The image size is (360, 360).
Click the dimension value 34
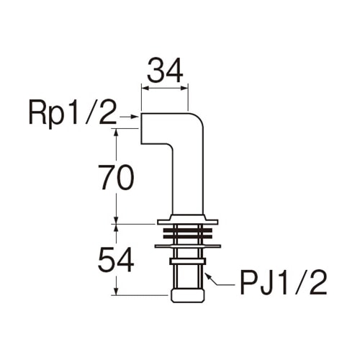tap(165, 71)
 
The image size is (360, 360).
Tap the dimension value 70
tap(115, 178)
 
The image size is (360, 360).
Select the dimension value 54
tap(116, 260)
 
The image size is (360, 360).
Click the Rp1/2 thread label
tap(72, 113)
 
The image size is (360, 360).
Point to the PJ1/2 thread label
tap(284, 282)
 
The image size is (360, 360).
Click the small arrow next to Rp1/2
tap(130, 117)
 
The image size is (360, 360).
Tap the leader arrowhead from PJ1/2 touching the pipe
tap(208, 276)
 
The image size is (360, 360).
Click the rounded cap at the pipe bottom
tap(188, 296)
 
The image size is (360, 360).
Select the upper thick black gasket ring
tap(188, 230)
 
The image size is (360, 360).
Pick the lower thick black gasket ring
tap(188, 237)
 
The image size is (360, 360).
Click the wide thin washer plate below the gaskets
tap(188, 246)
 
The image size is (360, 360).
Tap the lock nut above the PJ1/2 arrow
tap(188, 261)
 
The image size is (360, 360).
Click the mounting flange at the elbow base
tap(188, 220)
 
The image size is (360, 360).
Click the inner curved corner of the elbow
tap(170, 147)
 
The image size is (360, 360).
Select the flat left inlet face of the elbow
tap(141, 128)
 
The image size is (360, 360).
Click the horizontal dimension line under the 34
tap(165, 89)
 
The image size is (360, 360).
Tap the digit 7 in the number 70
tap(106, 178)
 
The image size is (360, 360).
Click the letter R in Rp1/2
tap(37, 112)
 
